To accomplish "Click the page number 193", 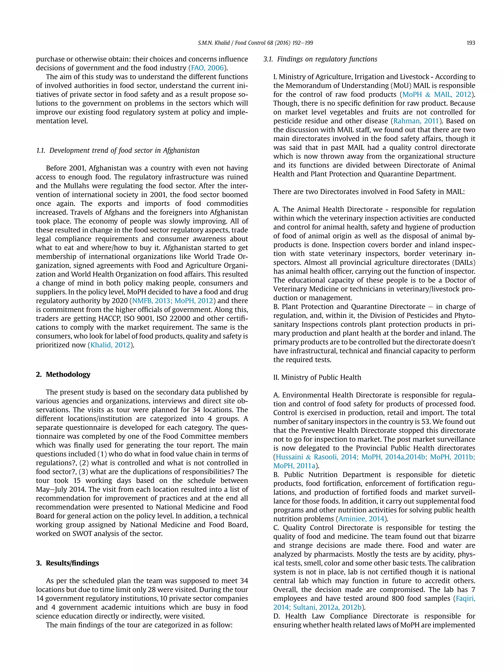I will tap(471, 43).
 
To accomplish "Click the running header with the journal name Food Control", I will tap(255, 43).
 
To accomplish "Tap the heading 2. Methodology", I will tap(63, 374).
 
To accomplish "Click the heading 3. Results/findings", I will tap(67, 563).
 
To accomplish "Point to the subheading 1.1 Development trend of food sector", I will tap(118, 150).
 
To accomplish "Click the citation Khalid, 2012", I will tap(110, 345).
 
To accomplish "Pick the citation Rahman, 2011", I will tap(416, 121).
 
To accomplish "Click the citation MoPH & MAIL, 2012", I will tap(437, 95).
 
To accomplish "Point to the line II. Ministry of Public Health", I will tap(317, 377).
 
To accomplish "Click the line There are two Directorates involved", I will tap(369, 192).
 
